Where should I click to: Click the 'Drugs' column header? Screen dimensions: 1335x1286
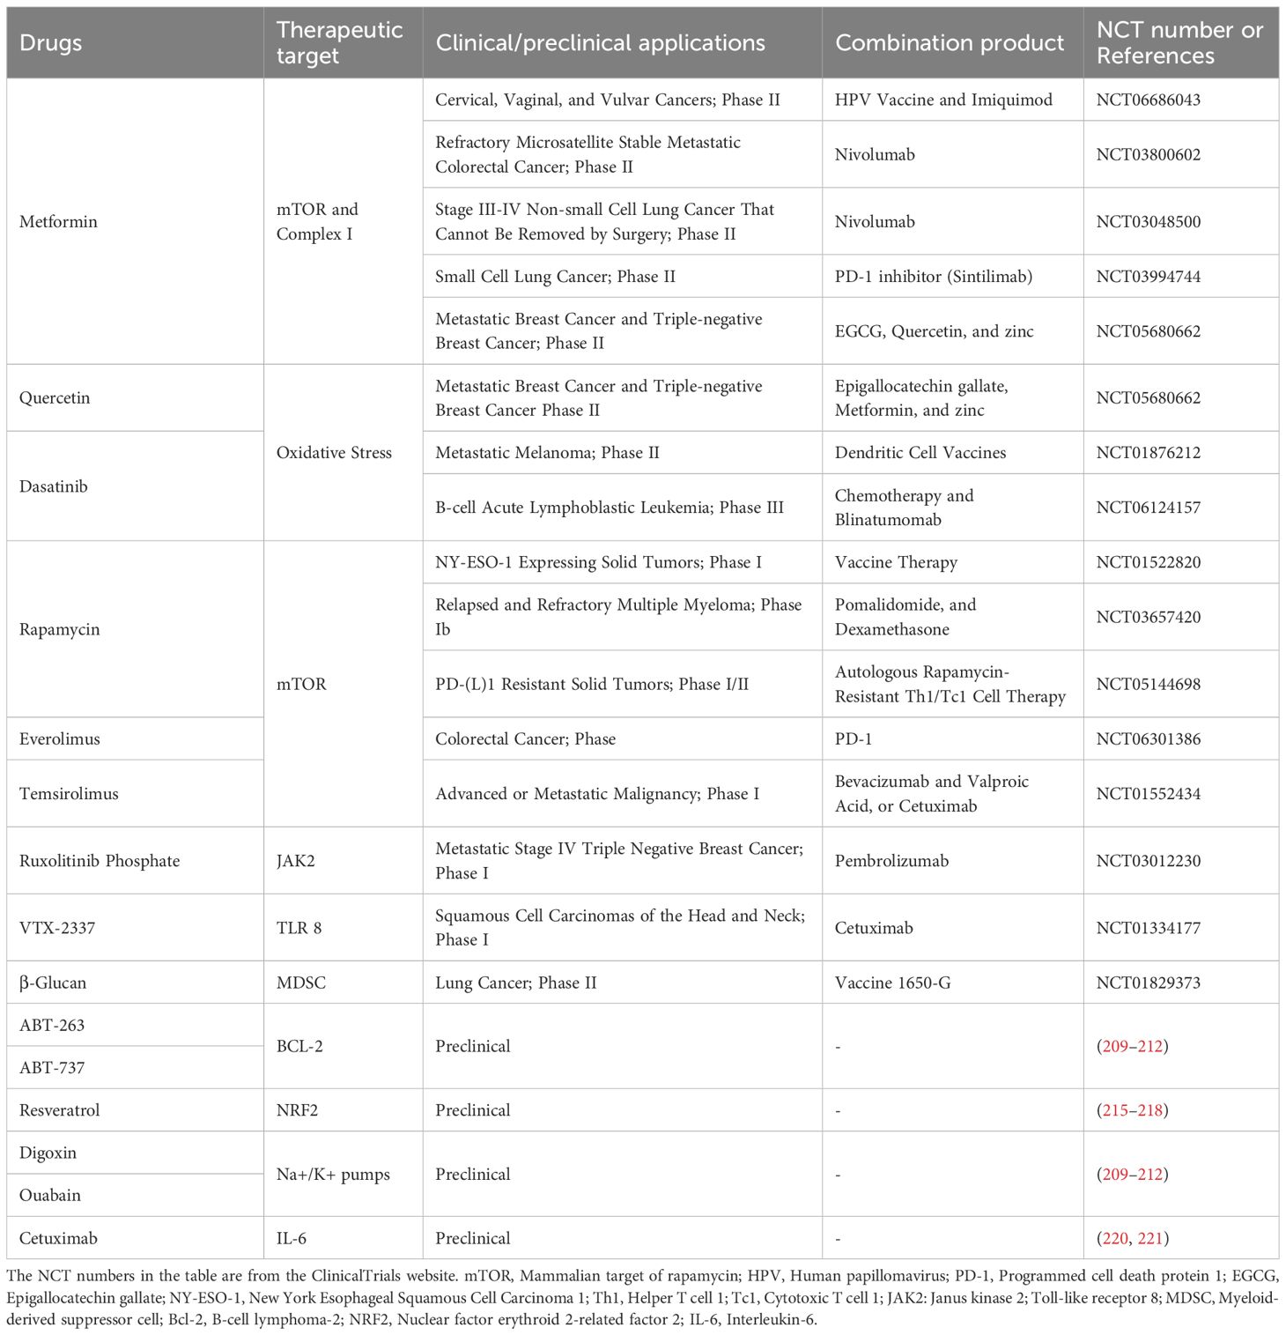pyautogui.click(x=50, y=43)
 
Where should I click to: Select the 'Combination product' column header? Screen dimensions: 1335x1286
pyautogui.click(x=949, y=43)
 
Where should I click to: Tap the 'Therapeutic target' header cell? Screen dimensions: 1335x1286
pyautogui.click(x=339, y=43)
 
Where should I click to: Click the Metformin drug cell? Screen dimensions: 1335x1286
pyautogui.click(x=58, y=221)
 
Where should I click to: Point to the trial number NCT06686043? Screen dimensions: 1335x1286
pyautogui.click(x=1148, y=100)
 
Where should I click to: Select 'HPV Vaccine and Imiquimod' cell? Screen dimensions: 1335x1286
pyautogui.click(x=942, y=100)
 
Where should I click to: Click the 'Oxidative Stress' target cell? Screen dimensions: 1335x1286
pyautogui.click(x=334, y=452)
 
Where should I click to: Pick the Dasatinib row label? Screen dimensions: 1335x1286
pyautogui.click(x=54, y=486)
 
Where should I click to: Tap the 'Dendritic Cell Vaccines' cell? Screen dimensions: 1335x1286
pyautogui.click(x=920, y=452)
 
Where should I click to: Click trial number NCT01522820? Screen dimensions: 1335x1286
pyautogui.click(x=1148, y=562)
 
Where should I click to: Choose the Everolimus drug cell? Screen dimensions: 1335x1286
pyautogui.click(x=60, y=738)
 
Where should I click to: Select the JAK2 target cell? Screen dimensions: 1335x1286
pyautogui.click(x=295, y=860)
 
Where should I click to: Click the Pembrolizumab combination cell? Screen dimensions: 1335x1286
pyautogui.click(x=891, y=860)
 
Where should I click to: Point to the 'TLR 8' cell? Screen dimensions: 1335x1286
pyautogui.click(x=299, y=927)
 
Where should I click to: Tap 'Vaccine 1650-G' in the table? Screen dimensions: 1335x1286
pyautogui.click(x=892, y=982)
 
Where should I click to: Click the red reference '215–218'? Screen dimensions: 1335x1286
pyautogui.click(x=1133, y=1109)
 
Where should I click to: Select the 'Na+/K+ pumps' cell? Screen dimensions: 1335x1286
pyautogui.click(x=333, y=1174)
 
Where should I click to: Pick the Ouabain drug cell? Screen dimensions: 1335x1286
pyautogui.click(x=50, y=1195)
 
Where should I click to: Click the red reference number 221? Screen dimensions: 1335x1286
pyautogui.click(x=1150, y=1238)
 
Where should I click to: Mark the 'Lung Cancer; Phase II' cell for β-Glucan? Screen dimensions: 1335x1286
pyautogui.click(x=515, y=982)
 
